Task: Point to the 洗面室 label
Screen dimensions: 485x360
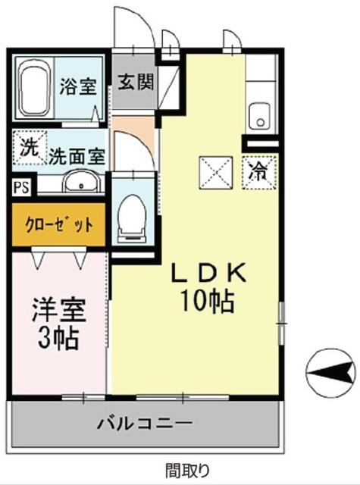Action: [x=77, y=157]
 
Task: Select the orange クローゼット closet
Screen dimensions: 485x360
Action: [x=57, y=225]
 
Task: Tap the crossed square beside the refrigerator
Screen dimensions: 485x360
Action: [x=214, y=171]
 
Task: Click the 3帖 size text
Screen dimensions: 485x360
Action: [x=58, y=338]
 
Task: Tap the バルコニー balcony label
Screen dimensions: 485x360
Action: [x=144, y=423]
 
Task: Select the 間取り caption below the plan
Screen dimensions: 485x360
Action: [x=183, y=468]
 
